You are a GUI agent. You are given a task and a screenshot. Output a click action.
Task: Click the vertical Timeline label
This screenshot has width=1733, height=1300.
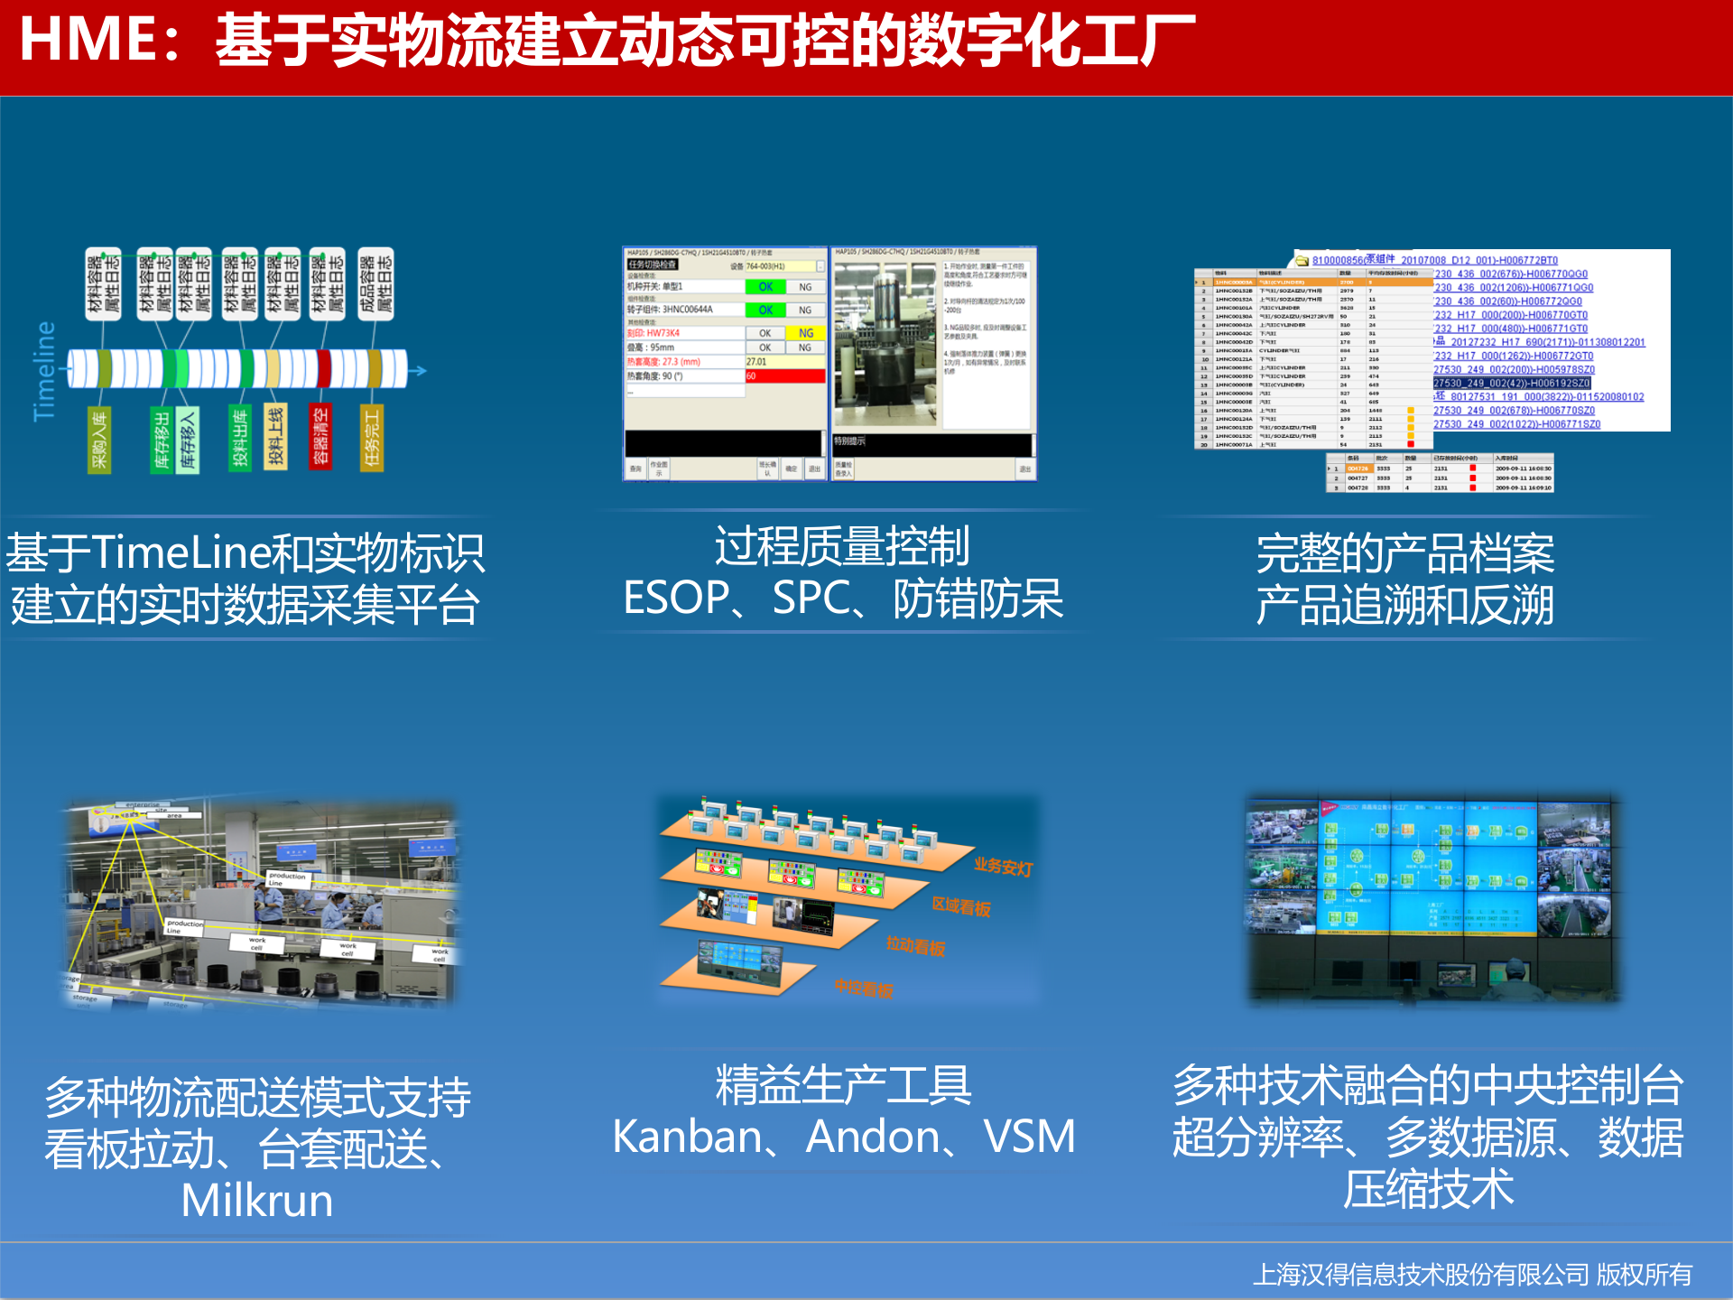44,371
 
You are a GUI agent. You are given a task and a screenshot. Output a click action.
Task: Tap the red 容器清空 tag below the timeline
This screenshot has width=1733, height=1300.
320,437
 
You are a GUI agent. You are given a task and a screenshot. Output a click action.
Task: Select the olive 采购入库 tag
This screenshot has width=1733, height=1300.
99,439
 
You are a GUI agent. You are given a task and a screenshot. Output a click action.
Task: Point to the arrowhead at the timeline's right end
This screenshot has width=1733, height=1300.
421,370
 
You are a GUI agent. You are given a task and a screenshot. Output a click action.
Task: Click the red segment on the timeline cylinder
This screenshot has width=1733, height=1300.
324,368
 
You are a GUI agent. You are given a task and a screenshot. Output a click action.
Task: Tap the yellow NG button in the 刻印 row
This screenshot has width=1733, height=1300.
805,333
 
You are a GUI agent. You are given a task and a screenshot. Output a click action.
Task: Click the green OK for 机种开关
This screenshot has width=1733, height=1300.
765,287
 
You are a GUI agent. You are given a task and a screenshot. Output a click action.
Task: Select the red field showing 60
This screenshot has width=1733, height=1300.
784,376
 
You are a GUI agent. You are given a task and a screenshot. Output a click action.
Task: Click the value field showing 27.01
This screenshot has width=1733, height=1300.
784,362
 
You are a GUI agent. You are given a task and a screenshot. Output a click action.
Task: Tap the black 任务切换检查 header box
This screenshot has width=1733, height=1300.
653,265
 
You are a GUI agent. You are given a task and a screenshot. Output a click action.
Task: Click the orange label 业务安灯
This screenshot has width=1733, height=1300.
1003,867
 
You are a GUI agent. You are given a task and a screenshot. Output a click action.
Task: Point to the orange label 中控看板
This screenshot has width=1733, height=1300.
864,989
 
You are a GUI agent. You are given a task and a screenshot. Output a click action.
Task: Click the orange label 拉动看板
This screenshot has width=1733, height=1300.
915,946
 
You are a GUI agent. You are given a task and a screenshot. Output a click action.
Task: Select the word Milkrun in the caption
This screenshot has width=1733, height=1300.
257,1201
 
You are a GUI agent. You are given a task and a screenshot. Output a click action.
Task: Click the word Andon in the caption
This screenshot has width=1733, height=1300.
872,1137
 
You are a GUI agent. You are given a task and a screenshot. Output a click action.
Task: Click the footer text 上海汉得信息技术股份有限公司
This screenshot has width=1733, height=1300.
1421,1274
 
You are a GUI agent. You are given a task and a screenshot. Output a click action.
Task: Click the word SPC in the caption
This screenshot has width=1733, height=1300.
811,599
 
